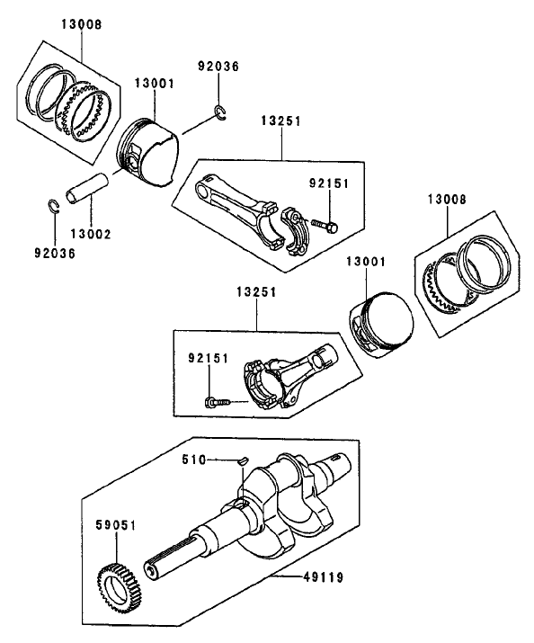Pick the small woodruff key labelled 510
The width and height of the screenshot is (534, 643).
[242, 461]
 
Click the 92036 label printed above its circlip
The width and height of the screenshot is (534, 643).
[218, 67]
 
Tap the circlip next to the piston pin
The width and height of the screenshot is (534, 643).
[52, 205]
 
